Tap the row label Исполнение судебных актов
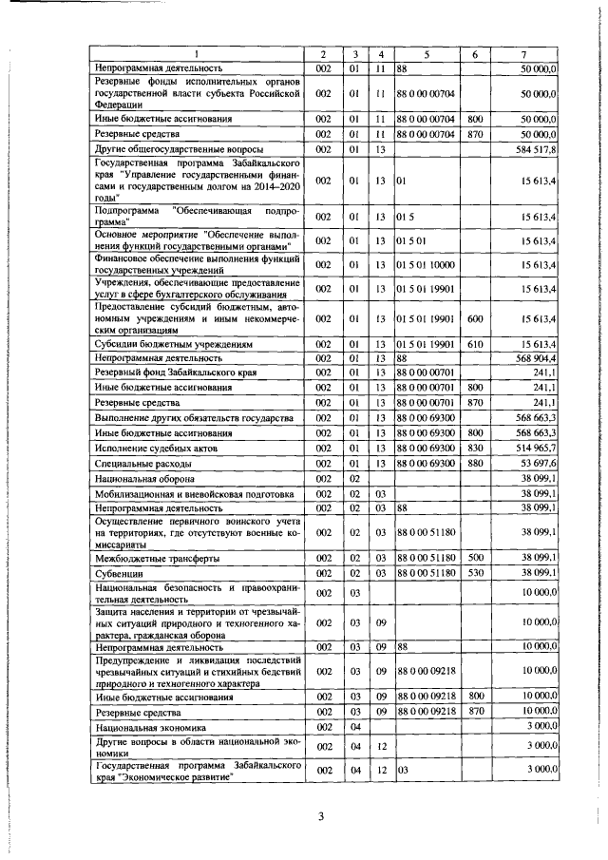(x=157, y=447)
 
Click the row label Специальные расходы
(x=143, y=463)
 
